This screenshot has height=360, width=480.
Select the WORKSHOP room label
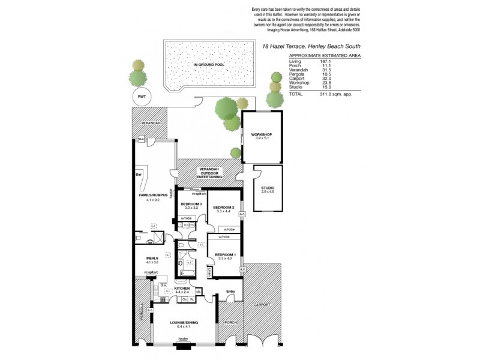[262, 134]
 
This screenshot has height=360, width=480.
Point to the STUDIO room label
[267, 188]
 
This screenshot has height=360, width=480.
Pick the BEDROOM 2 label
[223, 207]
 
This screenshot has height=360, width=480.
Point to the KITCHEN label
[182, 289]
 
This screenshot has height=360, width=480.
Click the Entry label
[230, 292]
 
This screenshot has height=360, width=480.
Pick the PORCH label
[230, 322]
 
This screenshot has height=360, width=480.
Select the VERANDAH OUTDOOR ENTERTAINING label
[211, 174]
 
